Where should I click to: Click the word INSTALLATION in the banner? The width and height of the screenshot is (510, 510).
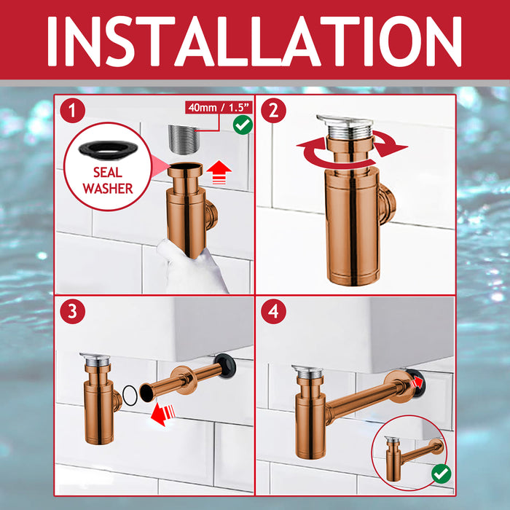pyautogui.click(x=255, y=42)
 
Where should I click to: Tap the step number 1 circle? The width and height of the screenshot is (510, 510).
pyautogui.click(x=72, y=110)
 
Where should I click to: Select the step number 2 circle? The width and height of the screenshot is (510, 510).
pyautogui.click(x=273, y=110)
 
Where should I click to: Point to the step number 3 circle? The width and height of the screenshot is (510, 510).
pyautogui.click(x=72, y=311)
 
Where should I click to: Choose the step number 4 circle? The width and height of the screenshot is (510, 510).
pyautogui.click(x=273, y=311)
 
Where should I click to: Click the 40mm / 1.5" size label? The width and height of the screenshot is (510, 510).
pyautogui.click(x=219, y=107)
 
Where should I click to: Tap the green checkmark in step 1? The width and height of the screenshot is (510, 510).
pyautogui.click(x=243, y=125)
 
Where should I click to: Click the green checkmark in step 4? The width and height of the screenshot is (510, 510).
pyautogui.click(x=442, y=474)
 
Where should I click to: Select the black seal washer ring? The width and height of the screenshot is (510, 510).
pyautogui.click(x=108, y=149)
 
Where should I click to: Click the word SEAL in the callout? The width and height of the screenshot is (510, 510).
pyautogui.click(x=108, y=173)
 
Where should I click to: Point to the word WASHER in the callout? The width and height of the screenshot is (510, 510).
pyautogui.click(x=108, y=189)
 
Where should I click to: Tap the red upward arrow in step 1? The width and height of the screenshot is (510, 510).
pyautogui.click(x=219, y=173)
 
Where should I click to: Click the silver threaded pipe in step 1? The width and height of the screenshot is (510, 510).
pyautogui.click(x=183, y=140)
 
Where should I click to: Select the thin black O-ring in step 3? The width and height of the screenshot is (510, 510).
pyautogui.click(x=130, y=395)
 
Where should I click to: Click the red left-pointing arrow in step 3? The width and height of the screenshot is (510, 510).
pyautogui.click(x=163, y=414)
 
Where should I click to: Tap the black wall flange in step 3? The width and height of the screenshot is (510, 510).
pyautogui.click(x=225, y=366)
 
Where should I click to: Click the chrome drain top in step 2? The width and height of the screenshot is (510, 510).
pyautogui.click(x=345, y=126)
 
